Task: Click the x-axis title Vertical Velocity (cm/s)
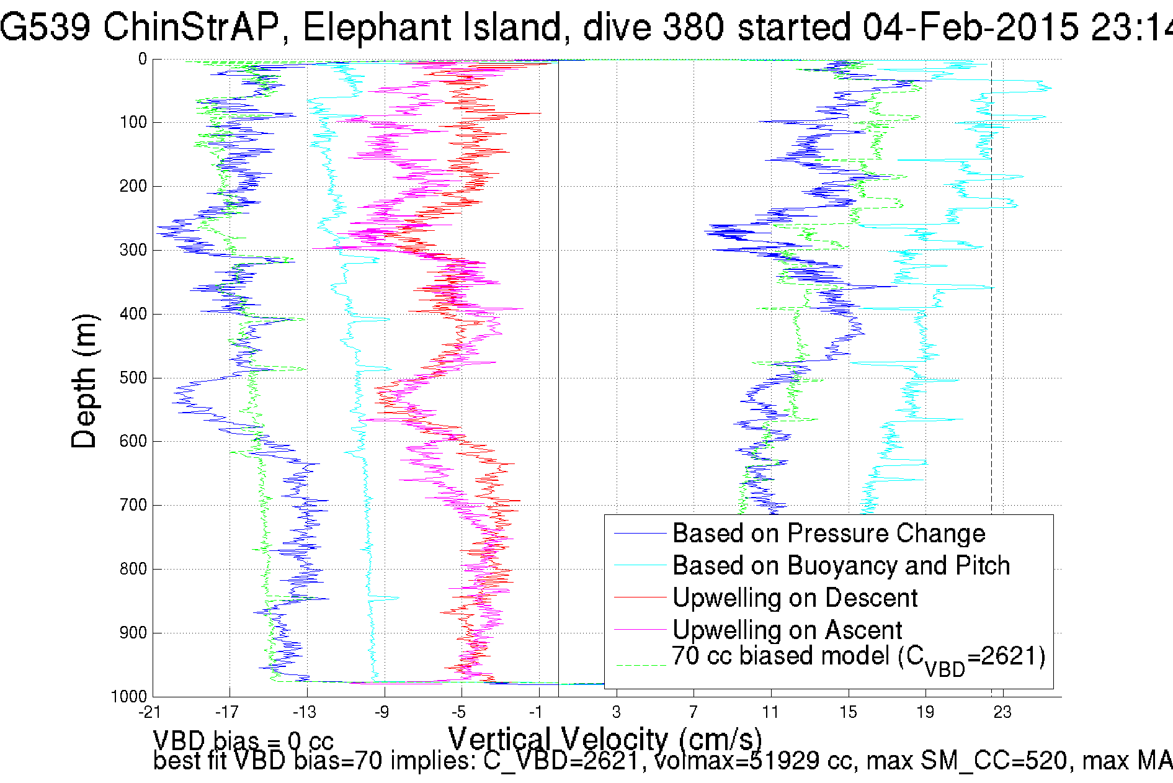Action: pos(605,740)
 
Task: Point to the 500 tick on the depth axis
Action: pos(133,378)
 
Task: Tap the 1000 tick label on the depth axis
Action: pos(129,697)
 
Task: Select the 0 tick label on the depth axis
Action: pos(143,60)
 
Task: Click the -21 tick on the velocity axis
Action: pos(149,712)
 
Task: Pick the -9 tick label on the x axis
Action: pos(382,712)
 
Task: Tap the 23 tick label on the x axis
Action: pos(1002,712)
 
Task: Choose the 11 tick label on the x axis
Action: pos(770,712)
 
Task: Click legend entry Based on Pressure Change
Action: pos(829,534)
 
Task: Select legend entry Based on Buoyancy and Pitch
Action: pos(841,566)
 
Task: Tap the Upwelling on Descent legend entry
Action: pos(795,598)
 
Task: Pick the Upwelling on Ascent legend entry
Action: pos(787,630)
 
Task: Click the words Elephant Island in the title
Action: pos(432,27)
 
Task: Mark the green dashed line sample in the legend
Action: pos(640,665)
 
